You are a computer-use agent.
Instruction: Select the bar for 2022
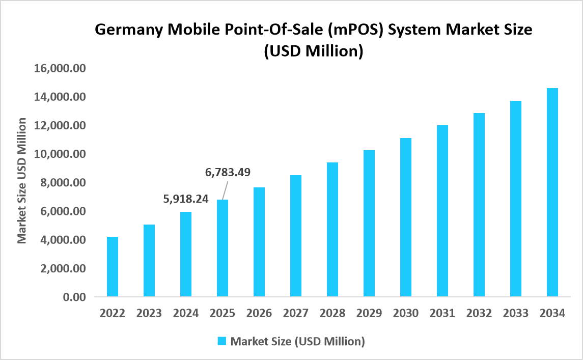(112, 266)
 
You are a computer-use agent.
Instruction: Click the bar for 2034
(552, 192)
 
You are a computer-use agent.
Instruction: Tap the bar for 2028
(332, 229)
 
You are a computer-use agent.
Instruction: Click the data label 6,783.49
(228, 172)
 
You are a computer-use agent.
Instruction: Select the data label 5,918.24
(185, 199)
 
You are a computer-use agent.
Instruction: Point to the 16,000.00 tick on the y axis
(60, 68)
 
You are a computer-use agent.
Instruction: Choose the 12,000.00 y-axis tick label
(60, 125)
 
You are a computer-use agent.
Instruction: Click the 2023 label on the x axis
(149, 313)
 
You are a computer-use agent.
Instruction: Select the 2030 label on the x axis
(405, 313)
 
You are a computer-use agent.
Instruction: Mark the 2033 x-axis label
(515, 313)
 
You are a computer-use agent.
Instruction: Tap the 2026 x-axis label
(259, 313)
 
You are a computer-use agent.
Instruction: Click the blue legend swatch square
(222, 341)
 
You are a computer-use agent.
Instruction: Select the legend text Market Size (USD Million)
(297, 341)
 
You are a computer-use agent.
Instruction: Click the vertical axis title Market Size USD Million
(22, 180)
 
